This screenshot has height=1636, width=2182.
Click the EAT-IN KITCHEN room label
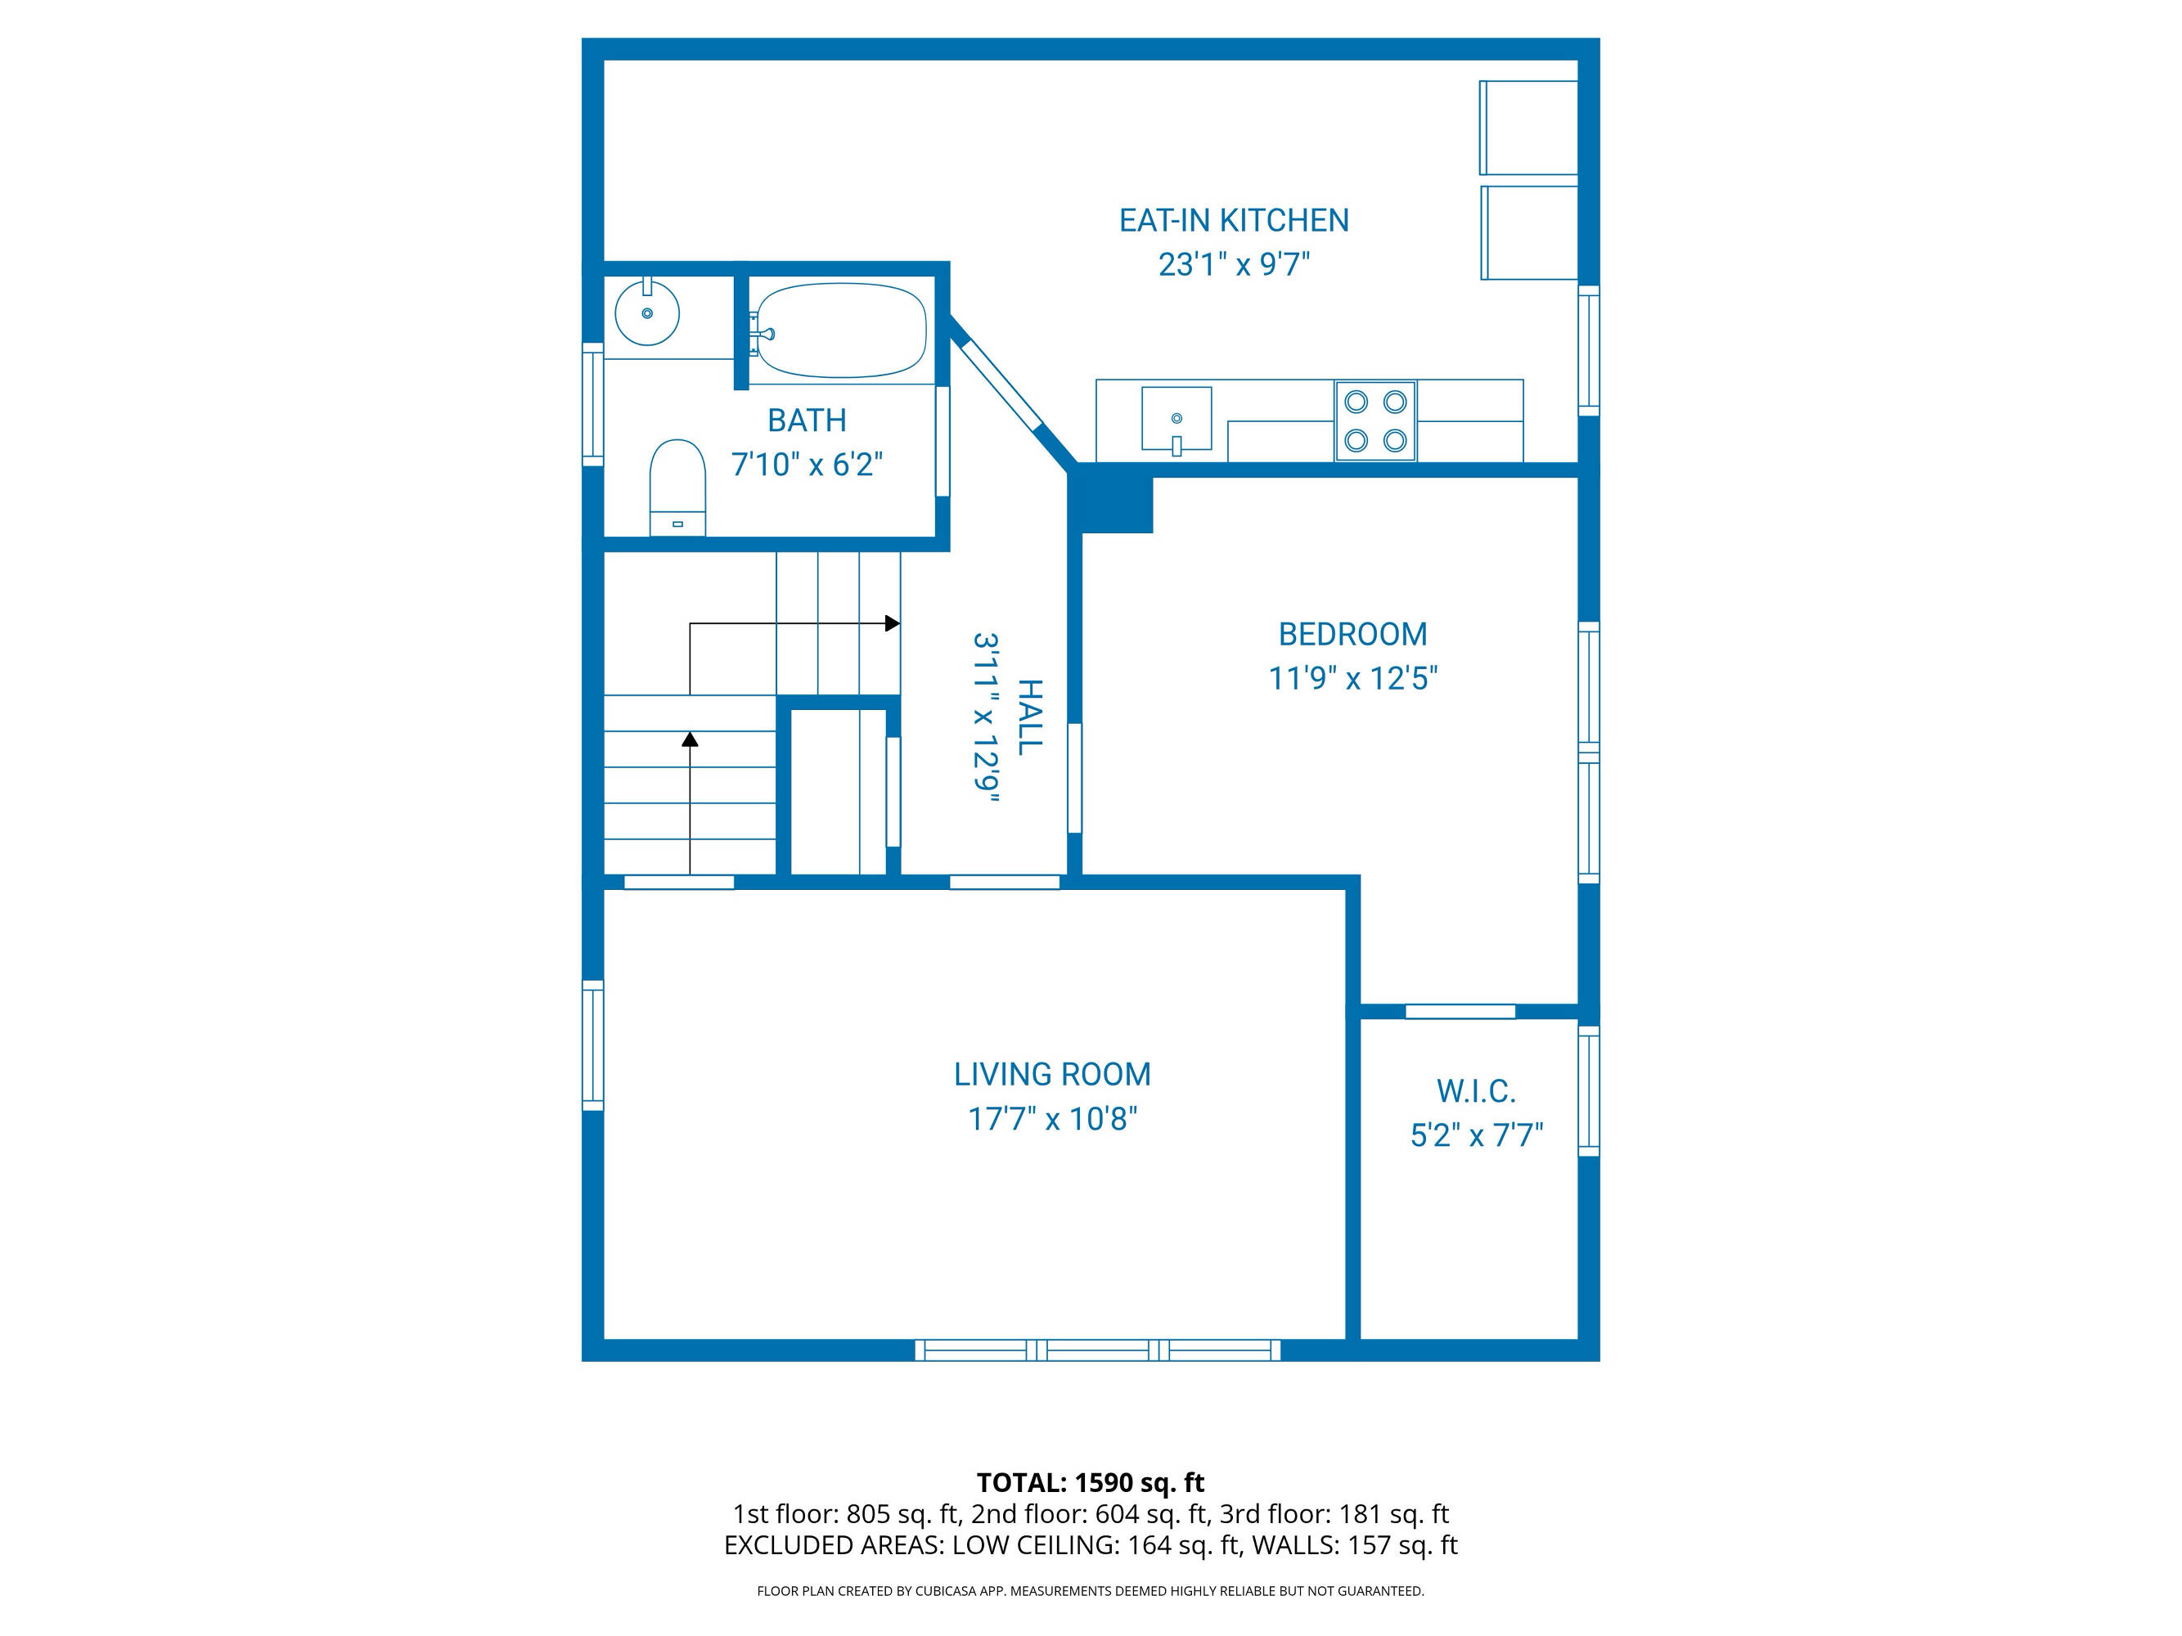click(x=1233, y=220)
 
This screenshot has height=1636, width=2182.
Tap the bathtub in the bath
click(x=841, y=330)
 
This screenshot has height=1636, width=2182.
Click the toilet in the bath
click(x=677, y=488)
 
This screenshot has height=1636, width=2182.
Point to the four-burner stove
click(x=1376, y=421)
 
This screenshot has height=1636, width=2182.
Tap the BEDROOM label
click(x=1352, y=634)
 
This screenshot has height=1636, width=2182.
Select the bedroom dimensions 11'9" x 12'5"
click(x=1352, y=678)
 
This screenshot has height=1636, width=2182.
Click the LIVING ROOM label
click(x=1051, y=1074)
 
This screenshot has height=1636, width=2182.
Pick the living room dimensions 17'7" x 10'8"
click(x=1051, y=1118)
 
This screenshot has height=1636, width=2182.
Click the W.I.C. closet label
click(x=1476, y=1090)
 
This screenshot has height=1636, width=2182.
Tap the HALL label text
click(x=1029, y=717)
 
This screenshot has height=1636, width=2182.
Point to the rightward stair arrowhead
click(x=893, y=623)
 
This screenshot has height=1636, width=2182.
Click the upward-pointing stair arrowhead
click(x=691, y=739)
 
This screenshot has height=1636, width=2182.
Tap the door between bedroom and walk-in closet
click(x=1460, y=1011)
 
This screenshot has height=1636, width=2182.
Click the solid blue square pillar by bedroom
click(x=1117, y=504)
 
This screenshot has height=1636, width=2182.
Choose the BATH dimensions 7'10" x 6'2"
click(x=806, y=464)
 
